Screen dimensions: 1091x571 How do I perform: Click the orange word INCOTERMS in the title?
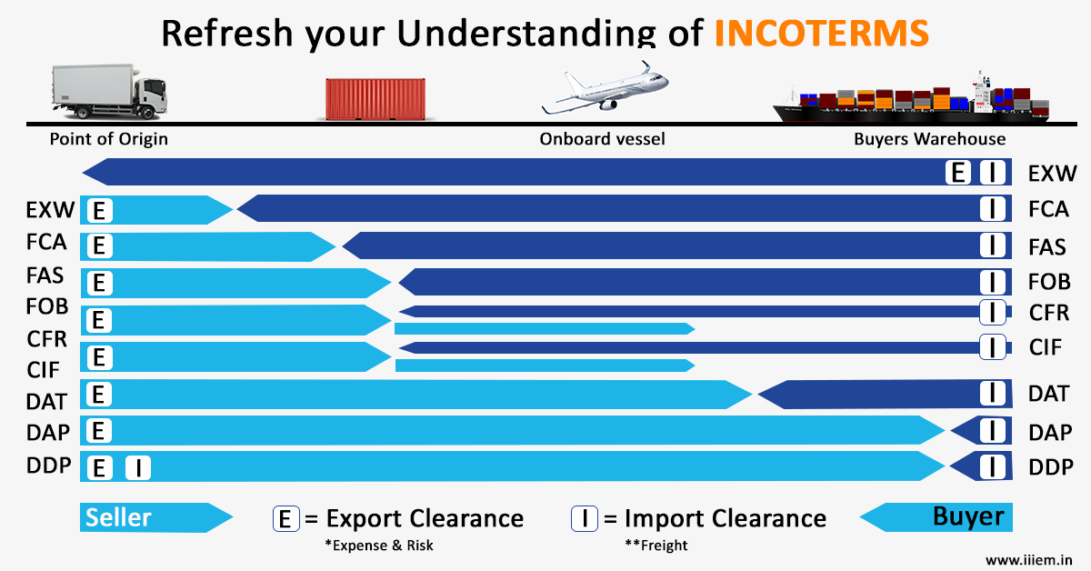coord(822,33)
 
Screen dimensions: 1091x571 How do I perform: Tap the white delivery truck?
coord(110,92)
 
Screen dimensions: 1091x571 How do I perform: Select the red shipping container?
coord(375,99)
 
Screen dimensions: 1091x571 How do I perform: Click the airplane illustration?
coord(606,87)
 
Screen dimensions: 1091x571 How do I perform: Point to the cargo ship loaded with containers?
coord(911,97)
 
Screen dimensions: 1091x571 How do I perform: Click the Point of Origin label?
coord(108,139)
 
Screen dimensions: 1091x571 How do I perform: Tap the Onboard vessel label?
coord(602,139)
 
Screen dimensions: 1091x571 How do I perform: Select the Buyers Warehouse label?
coord(930,139)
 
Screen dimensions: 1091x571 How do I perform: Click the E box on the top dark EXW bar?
coord(958,173)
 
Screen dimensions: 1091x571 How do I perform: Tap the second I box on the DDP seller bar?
coord(138,467)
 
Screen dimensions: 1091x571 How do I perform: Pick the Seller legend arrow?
coord(156,517)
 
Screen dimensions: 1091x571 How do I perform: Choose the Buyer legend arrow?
coord(936,517)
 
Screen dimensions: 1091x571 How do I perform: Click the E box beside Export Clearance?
coord(285,518)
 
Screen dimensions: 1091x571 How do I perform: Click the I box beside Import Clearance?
coord(585,518)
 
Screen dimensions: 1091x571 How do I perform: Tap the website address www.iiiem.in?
coord(1028,560)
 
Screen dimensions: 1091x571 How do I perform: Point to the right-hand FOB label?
coord(1049,282)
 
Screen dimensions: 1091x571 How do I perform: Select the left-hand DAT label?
coord(46,402)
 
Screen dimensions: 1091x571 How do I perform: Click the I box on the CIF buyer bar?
coord(993,347)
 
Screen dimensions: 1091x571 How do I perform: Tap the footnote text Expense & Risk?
coord(379,546)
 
